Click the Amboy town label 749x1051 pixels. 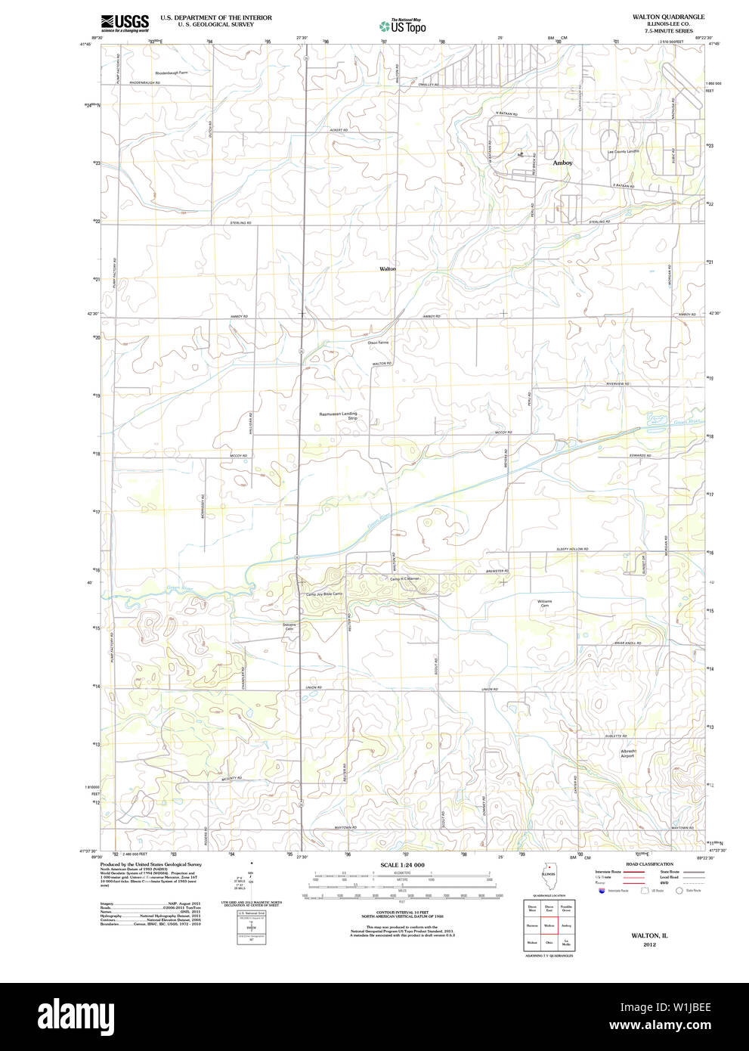(x=562, y=163)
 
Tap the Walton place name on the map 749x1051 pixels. (x=387, y=268)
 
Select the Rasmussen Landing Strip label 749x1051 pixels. (x=338, y=416)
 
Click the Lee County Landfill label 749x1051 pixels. (x=624, y=151)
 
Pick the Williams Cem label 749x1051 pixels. (x=544, y=603)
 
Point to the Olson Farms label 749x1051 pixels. (x=378, y=343)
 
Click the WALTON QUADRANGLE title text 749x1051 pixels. (x=658, y=17)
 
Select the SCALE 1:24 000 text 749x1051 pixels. (x=402, y=865)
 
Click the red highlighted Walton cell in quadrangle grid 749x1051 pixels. (x=549, y=924)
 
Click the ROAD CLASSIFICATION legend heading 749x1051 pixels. (x=649, y=864)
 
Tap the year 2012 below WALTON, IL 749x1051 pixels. (x=649, y=944)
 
